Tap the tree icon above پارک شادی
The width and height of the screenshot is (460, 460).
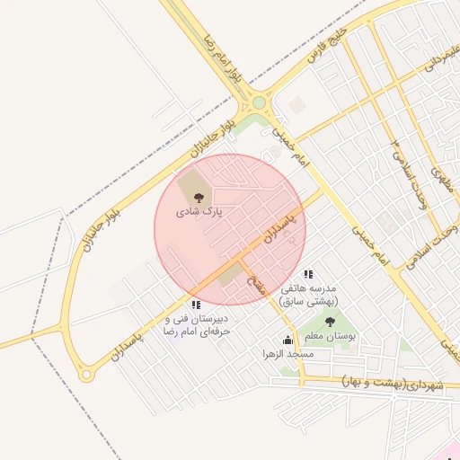pos(199,197)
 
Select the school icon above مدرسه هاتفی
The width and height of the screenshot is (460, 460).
pos(308,274)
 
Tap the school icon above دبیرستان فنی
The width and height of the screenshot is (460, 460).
pos(196,305)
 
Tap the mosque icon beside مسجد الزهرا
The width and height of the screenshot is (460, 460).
pos(287,341)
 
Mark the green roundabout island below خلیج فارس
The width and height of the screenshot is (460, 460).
pos(259,102)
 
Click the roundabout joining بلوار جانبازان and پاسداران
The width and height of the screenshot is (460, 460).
pos(85,373)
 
